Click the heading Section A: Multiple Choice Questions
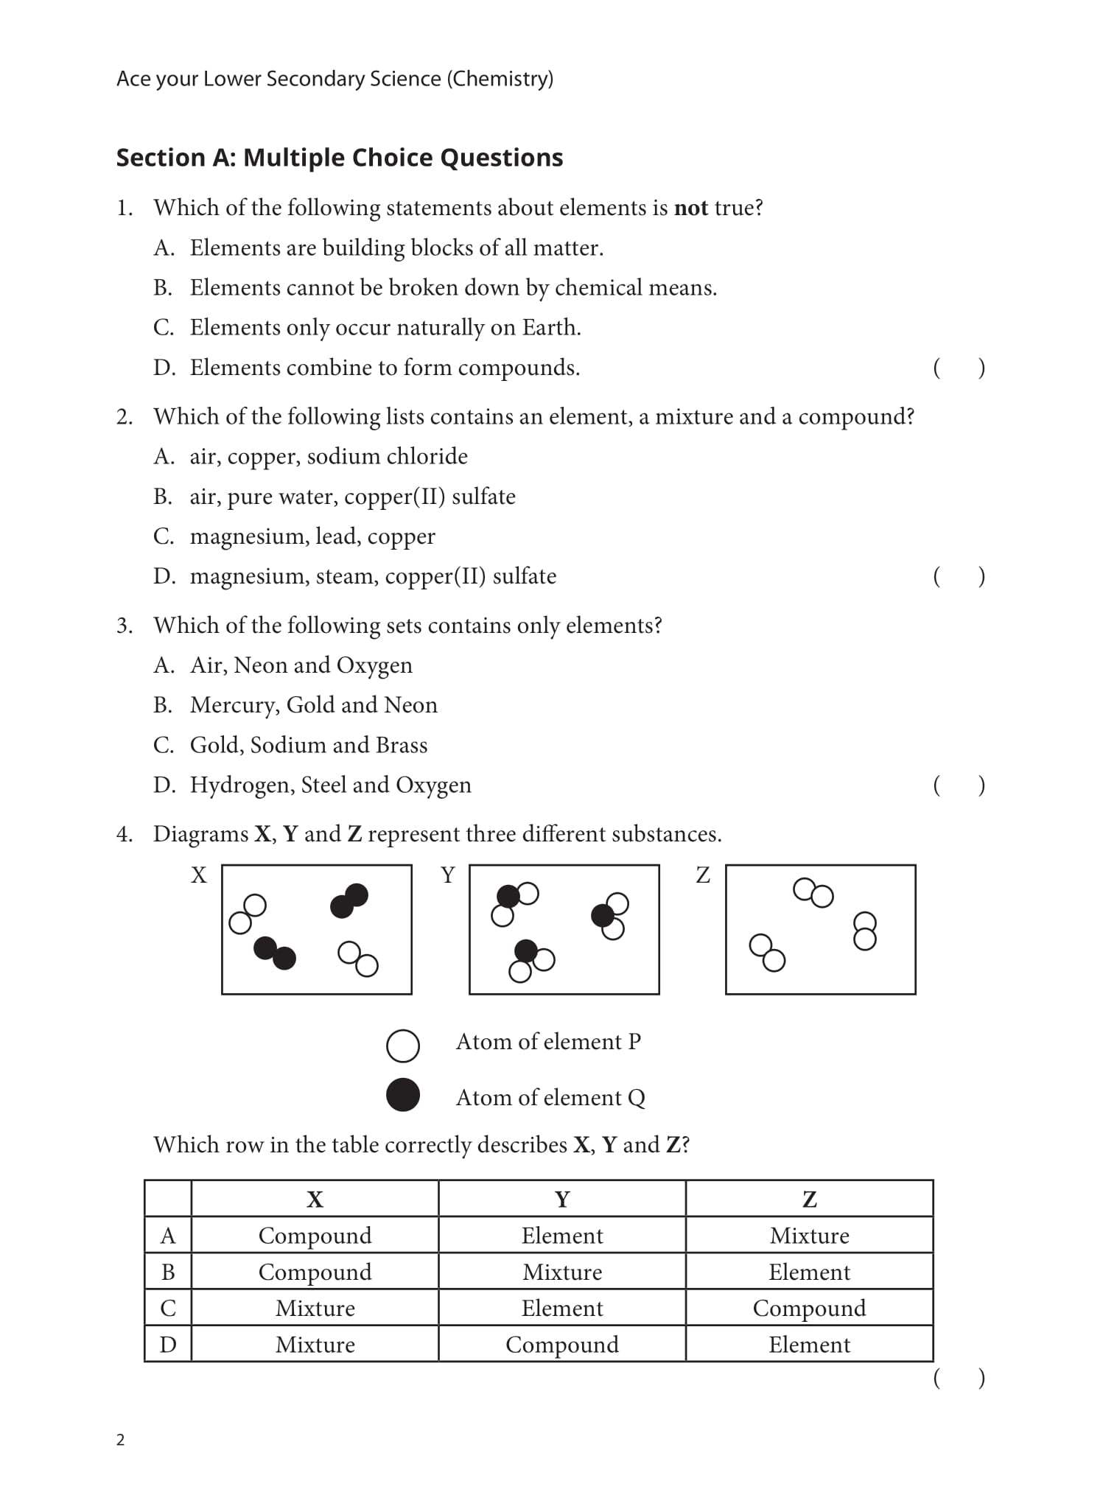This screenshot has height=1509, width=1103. tap(339, 158)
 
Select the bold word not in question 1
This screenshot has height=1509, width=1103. tap(690, 209)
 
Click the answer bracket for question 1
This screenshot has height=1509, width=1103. tap(958, 368)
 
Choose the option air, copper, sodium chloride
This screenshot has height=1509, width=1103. tap(328, 457)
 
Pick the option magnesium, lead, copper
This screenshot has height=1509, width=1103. tap(312, 536)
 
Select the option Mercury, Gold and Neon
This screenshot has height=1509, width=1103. tap(313, 705)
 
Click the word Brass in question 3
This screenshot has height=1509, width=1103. tap(401, 745)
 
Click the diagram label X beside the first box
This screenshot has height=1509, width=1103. tap(199, 875)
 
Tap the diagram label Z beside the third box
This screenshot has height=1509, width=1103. tap(703, 875)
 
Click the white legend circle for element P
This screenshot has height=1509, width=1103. tap(403, 1046)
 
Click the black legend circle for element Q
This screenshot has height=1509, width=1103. tap(403, 1094)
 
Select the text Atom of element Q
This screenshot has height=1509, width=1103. tap(550, 1098)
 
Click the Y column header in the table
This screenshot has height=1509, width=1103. tap(561, 1200)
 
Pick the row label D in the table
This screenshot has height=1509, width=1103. tap(168, 1345)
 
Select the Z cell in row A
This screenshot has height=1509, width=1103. tap(809, 1236)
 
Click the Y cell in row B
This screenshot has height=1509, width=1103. tap(561, 1272)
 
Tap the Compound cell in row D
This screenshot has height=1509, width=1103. tap(561, 1345)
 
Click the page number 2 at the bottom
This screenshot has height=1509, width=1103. tap(121, 1440)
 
